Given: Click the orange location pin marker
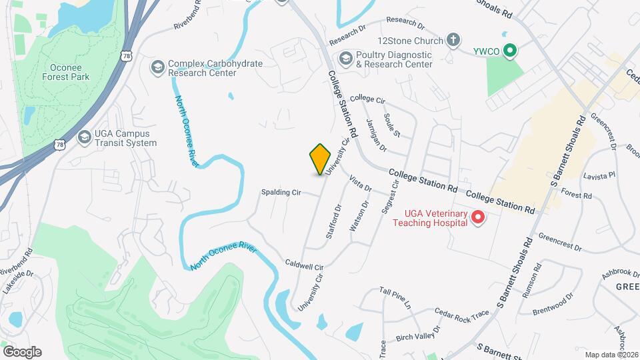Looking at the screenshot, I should point(320,159).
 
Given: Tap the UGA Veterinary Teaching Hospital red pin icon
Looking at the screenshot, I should point(477,217).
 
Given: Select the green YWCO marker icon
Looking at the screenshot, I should point(510,50).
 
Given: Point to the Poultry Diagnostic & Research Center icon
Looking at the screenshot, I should point(345,59).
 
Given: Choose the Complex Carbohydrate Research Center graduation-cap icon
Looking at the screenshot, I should point(157,67).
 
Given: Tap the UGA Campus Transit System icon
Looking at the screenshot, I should point(84,137).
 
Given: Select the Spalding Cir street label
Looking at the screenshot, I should point(281,193).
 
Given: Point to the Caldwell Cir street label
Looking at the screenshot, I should point(304,265).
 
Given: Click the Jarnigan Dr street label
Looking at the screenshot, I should point(377,135).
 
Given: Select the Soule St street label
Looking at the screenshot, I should point(392,125).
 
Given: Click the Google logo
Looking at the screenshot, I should point(22,351).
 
